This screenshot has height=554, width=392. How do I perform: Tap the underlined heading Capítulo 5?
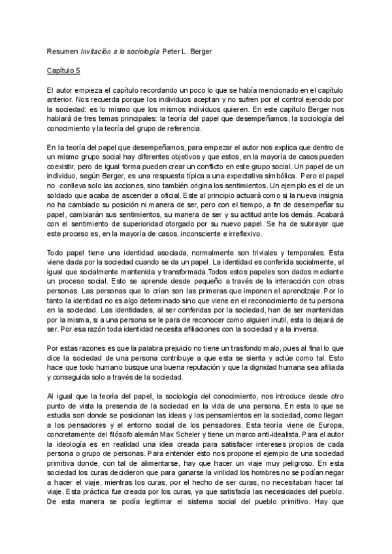[x=64, y=69]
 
